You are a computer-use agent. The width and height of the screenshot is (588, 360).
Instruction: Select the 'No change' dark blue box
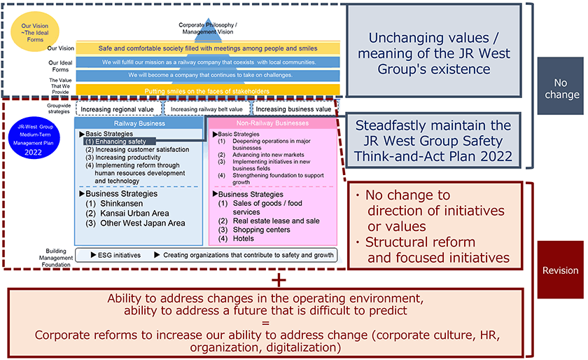click(560, 88)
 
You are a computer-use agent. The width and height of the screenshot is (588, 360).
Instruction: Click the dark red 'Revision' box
click(560, 270)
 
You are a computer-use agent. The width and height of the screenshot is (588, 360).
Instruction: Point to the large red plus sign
click(280, 279)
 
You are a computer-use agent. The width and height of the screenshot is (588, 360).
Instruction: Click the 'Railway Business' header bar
click(140, 123)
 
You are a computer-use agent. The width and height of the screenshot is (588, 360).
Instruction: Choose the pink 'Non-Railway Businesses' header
click(272, 123)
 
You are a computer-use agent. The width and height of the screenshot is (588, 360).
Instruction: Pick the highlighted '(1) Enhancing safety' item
click(116, 141)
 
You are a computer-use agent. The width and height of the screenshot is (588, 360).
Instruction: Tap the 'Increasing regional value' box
click(118, 109)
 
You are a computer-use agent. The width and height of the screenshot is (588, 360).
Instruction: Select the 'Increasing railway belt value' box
click(206, 109)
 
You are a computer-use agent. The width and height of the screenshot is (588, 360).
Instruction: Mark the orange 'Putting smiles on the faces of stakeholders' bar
click(208, 91)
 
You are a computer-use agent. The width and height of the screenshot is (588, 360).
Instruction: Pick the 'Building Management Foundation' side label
click(56, 258)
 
